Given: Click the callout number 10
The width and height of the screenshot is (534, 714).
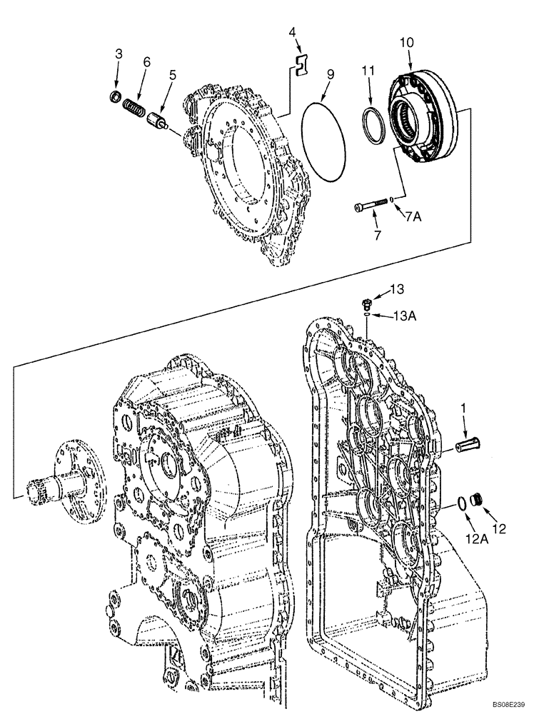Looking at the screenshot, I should point(405,43).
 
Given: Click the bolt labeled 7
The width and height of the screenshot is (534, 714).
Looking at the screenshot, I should point(371,206).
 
